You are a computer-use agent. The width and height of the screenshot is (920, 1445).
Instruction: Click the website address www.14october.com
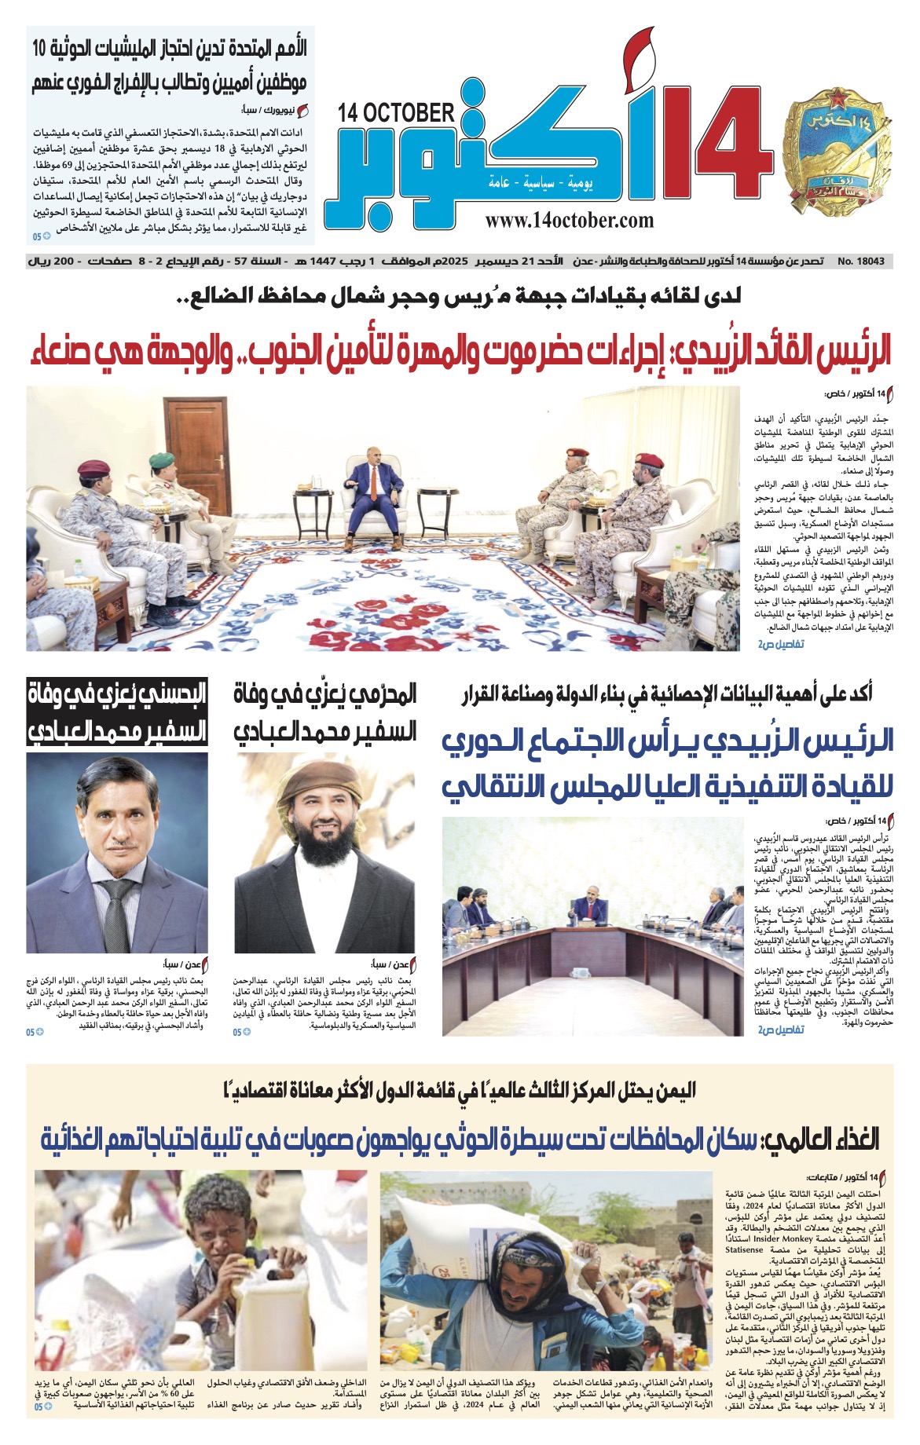(x=569, y=221)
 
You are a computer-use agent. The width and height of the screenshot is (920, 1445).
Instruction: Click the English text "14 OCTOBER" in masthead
(x=396, y=114)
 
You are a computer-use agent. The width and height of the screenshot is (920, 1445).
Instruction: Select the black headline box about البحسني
(x=117, y=712)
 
